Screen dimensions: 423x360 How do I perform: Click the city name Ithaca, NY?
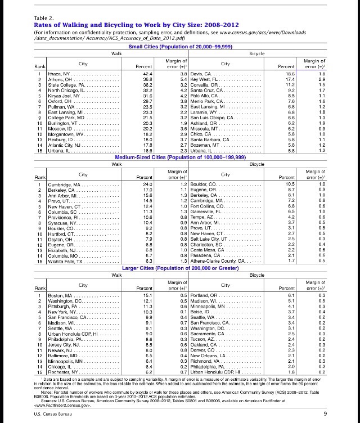(57, 74)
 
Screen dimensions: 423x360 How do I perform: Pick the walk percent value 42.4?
(147, 74)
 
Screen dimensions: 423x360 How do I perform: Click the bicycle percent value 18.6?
(289, 74)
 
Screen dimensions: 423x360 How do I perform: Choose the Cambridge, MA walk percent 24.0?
(148, 184)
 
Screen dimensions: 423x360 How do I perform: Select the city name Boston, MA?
(60, 295)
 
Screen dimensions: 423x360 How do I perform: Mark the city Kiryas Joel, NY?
(62, 96)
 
